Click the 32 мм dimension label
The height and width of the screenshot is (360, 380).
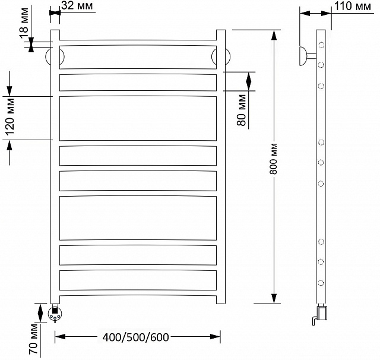(77, 5)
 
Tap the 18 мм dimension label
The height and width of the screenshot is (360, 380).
(24, 23)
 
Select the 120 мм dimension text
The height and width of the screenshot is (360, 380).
(10, 117)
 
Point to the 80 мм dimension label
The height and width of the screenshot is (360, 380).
(242, 110)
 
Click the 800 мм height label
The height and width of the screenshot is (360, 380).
(273, 159)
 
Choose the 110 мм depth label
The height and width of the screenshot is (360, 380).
(353, 6)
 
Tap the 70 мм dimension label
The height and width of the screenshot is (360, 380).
(33, 339)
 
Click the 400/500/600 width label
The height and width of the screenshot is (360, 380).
(136, 337)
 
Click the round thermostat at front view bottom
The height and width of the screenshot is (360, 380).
(55, 314)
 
